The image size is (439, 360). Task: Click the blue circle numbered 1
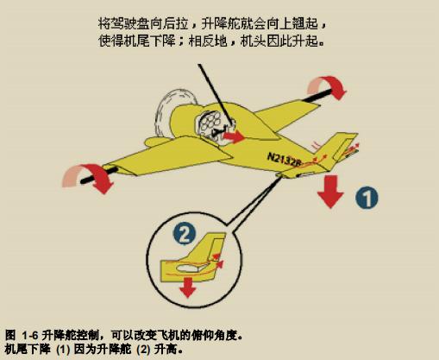(x=367, y=198)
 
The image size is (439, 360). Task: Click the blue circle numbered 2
(x=185, y=234)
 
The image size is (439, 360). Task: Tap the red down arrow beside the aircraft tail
(x=330, y=192)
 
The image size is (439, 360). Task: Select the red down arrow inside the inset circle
(x=187, y=287)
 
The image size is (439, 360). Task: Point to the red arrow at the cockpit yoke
(x=234, y=136)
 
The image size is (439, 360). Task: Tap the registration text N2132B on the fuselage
(x=284, y=161)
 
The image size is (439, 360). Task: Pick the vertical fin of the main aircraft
(x=343, y=146)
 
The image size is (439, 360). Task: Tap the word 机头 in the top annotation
(x=253, y=41)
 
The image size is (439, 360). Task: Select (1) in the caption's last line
(x=63, y=350)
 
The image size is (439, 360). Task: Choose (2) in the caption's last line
(x=143, y=350)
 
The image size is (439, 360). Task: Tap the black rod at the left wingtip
(x=99, y=174)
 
